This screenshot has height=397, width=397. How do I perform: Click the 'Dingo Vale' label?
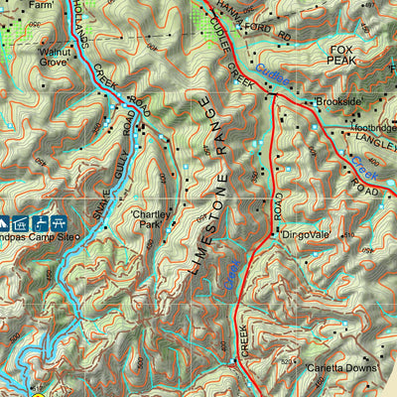click(303, 235)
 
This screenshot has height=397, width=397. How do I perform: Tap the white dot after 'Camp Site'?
click(81, 239)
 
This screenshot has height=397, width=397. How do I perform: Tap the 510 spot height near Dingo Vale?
click(347, 235)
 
